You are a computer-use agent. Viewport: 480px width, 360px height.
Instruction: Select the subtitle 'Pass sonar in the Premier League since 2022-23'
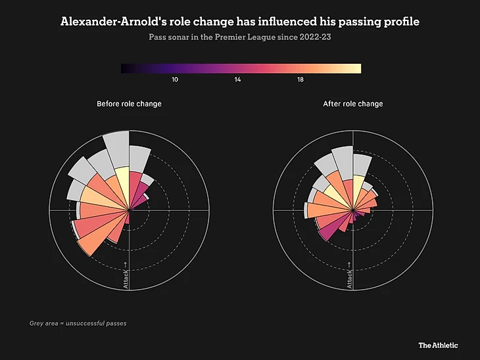click(240, 37)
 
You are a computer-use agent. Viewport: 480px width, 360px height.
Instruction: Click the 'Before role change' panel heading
click(129, 104)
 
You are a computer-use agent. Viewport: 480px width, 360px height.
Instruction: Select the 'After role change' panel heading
click(353, 104)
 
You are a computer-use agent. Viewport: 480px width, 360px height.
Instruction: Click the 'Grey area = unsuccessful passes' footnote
click(78, 323)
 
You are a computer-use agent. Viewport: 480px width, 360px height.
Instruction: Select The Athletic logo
click(439, 345)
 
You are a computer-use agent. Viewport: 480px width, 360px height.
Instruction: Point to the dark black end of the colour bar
click(126, 68)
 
